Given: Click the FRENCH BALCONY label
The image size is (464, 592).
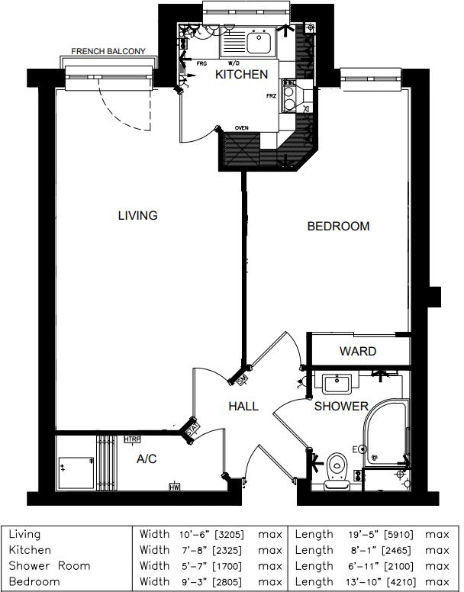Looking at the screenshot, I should click(108, 52).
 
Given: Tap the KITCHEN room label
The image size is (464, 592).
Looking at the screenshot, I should click(241, 75).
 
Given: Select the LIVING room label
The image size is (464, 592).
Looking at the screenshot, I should click(137, 216).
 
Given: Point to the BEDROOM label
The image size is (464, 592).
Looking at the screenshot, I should click(338, 227).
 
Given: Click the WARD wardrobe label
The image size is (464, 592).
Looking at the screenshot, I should click(358, 352).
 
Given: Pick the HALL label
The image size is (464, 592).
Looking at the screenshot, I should click(243, 407).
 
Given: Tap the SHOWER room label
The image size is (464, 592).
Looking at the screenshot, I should click(341, 407).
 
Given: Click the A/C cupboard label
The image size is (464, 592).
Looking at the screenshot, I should click(147, 459).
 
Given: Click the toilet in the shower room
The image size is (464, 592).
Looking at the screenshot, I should click(335, 466).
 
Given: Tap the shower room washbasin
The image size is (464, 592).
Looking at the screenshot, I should click(336, 384).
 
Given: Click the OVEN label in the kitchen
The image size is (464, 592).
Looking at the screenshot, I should click(242, 128).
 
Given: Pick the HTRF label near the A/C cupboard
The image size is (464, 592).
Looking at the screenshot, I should click(131, 439).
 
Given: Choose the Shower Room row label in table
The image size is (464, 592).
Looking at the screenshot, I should click(50, 566).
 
